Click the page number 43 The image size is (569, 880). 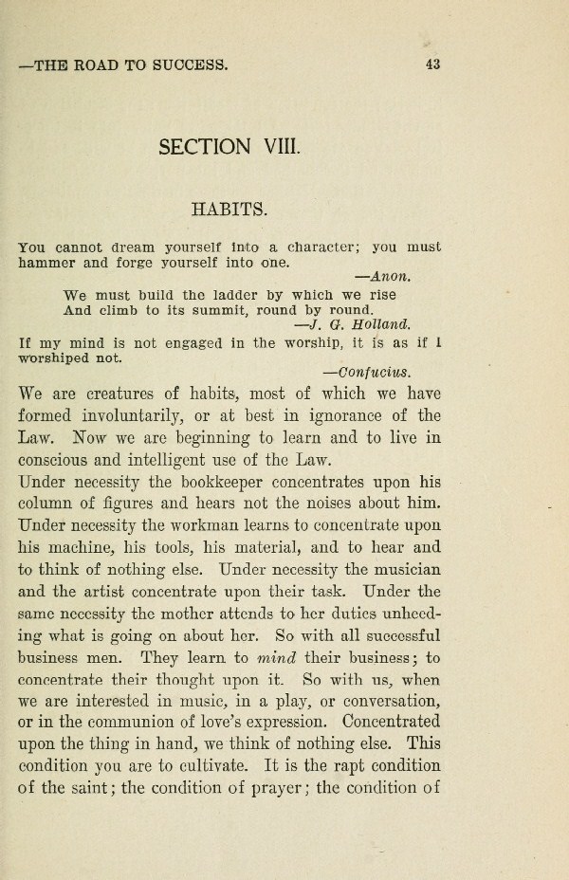pyautogui.click(x=434, y=64)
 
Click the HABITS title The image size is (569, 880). pyautogui.click(x=229, y=206)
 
